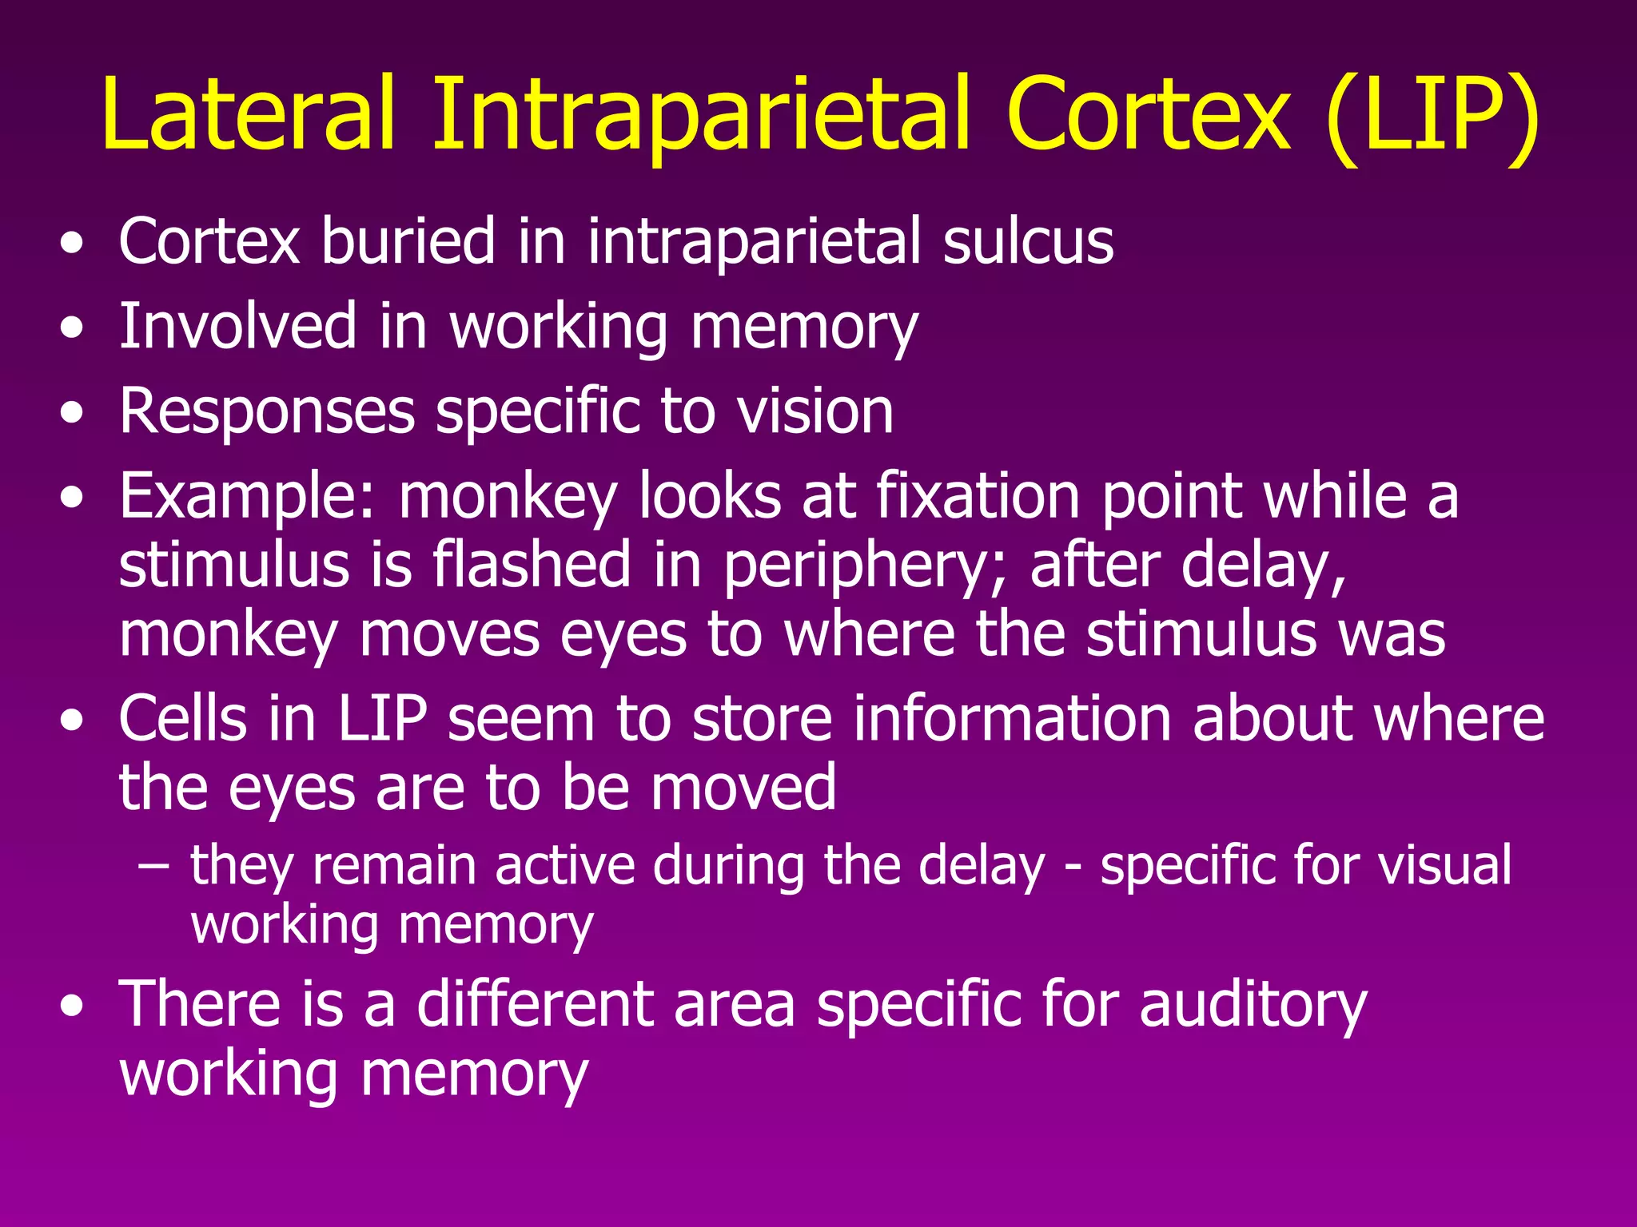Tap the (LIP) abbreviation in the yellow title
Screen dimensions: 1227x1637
coord(1431,117)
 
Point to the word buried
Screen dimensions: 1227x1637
coord(408,240)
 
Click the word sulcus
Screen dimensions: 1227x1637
coord(1028,240)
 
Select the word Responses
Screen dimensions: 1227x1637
coord(267,412)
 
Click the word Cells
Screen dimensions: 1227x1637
coord(183,717)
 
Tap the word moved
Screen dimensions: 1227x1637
coord(743,787)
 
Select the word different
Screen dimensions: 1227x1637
coord(535,1003)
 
